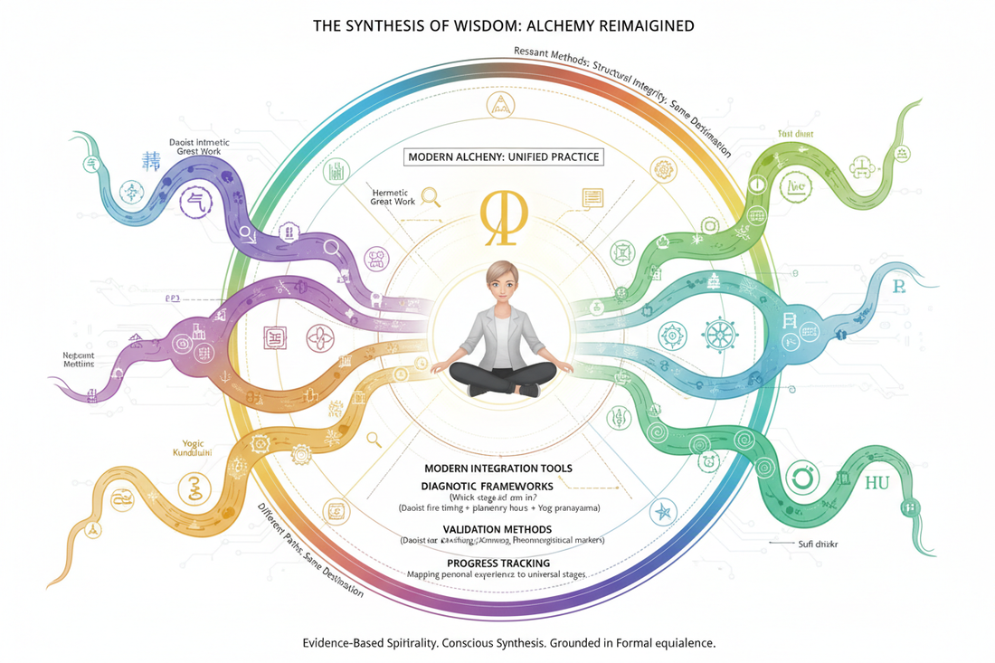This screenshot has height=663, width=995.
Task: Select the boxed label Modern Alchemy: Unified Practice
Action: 504,156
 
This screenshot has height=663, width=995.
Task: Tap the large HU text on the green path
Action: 877,482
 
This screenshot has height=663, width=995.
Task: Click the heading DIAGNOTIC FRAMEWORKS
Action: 500,486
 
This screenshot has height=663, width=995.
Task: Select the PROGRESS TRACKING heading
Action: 500,563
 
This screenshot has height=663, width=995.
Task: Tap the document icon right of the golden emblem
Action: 592,198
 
